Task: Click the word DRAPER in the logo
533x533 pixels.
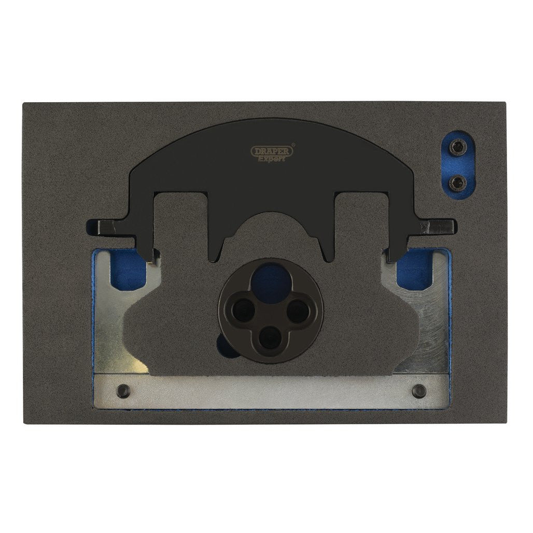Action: [x=272, y=151]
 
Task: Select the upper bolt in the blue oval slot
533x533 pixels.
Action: [x=456, y=147]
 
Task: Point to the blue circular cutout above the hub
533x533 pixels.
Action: [x=271, y=281]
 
